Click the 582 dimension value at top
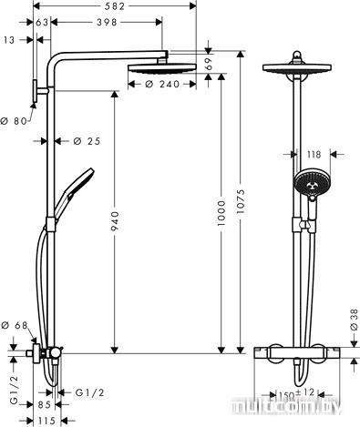click(115, 6)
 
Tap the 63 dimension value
click(42, 22)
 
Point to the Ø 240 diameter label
click(162, 84)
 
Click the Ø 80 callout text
click(14, 121)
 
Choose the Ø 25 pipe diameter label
click(87, 141)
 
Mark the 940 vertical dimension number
click(115, 221)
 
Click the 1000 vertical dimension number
click(221, 212)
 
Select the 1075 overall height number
click(241, 201)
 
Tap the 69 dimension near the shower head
click(209, 65)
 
